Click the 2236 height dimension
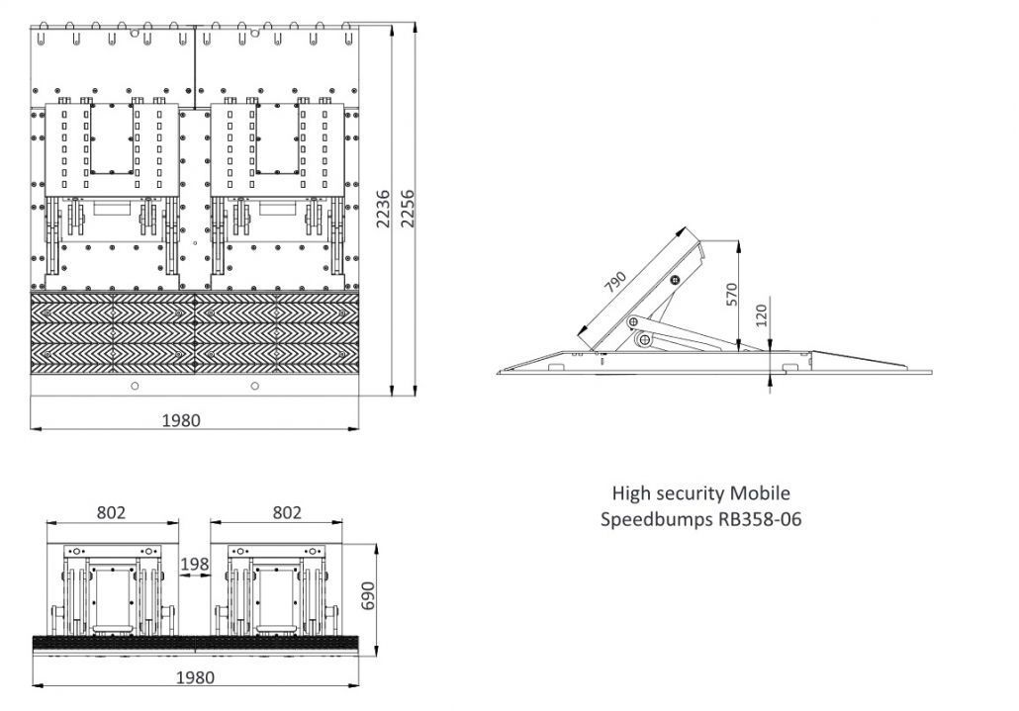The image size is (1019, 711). [x=384, y=210]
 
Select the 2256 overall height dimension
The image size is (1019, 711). [x=407, y=210]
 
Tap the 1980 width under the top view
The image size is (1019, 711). [x=181, y=420]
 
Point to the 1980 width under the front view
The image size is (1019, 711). [x=195, y=677]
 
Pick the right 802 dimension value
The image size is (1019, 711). [x=286, y=512]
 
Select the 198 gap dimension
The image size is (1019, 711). [x=195, y=565]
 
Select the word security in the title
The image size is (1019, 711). [x=692, y=493]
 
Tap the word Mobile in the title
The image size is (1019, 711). [x=761, y=493]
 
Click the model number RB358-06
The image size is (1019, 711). [x=759, y=519]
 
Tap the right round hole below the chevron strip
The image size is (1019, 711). [x=255, y=386]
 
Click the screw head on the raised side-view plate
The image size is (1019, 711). [x=674, y=281]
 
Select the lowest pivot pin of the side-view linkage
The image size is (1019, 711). [x=644, y=340]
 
